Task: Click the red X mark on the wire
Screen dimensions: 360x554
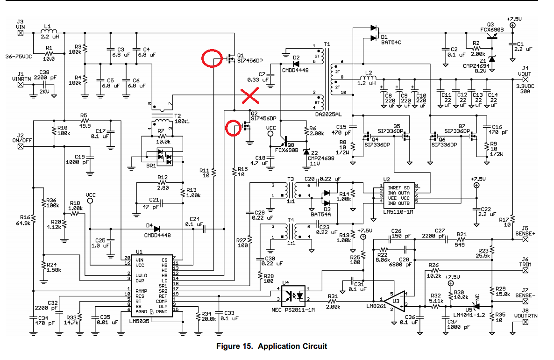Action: (x=251, y=96)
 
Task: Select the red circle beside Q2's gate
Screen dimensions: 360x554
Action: (x=234, y=128)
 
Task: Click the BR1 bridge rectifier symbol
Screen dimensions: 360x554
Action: (x=164, y=157)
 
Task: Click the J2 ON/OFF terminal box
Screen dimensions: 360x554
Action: (x=21, y=146)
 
